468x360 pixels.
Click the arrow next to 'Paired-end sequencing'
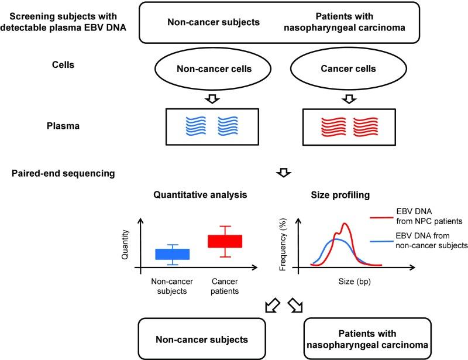pos(283,173)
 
